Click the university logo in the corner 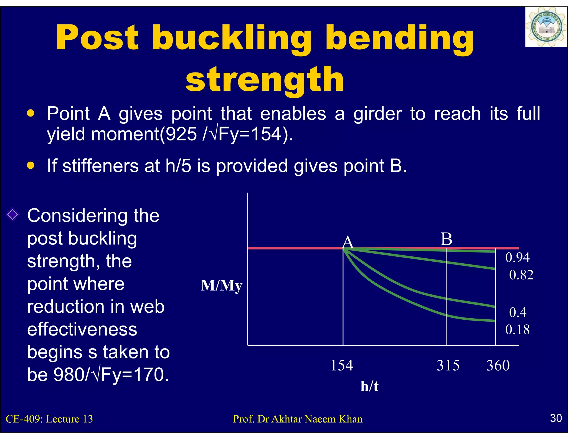click(546, 27)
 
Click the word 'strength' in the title click(265, 80)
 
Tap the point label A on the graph click(348, 242)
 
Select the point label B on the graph click(446, 239)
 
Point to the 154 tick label click(342, 365)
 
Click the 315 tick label click(448, 365)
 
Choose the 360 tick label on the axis click(498, 365)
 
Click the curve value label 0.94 click(517, 257)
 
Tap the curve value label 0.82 click(521, 275)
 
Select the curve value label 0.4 click(518, 312)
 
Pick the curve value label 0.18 click(517, 330)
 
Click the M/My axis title click(221, 286)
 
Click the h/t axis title click(369, 386)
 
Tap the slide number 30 click(556, 418)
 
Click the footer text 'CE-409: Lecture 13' click(49, 419)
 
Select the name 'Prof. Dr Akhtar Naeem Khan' click(298, 419)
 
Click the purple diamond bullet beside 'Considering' click(13, 214)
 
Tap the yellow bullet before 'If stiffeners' click(31, 166)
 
